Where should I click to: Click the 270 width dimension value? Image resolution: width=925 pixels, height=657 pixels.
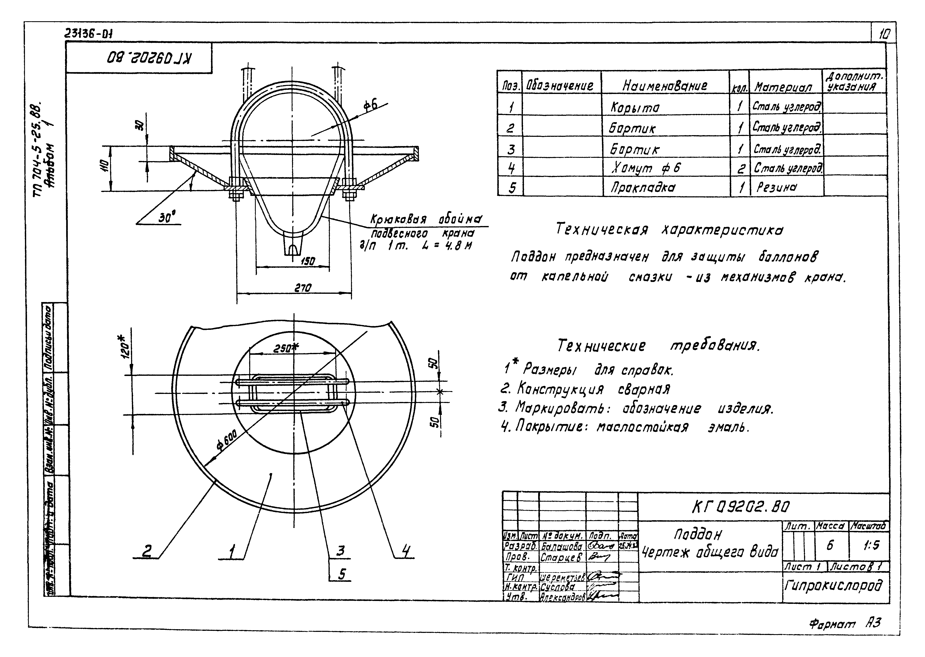(303, 288)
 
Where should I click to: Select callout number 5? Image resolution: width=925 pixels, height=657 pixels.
(342, 574)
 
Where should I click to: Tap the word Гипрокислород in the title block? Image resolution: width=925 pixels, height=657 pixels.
(833, 585)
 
